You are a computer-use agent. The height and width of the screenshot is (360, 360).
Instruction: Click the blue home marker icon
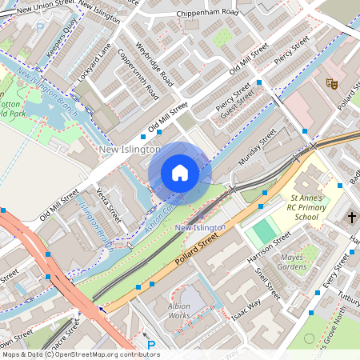(180, 172)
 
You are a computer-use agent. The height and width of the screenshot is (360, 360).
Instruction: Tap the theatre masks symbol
(330, 82)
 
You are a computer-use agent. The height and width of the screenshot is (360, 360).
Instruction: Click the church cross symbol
(351, 217)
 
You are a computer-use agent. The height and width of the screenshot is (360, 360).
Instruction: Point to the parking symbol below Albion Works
(151, 346)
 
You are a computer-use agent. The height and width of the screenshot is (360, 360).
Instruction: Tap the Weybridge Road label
(154, 64)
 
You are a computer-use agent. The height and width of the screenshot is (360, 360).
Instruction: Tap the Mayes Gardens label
(293, 262)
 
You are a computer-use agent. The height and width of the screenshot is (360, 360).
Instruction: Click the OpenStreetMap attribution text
(80, 354)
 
